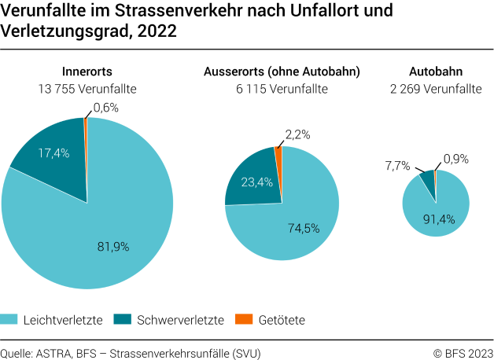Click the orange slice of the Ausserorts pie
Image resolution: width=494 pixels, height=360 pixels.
(x=278, y=157)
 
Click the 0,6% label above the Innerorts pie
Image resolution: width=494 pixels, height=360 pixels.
(x=106, y=107)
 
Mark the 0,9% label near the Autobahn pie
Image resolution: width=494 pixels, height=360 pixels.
(x=456, y=159)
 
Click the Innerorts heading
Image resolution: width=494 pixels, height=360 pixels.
(x=87, y=72)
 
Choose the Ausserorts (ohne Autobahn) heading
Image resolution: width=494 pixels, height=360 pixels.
(x=281, y=72)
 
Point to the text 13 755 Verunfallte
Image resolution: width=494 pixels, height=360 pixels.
(x=87, y=89)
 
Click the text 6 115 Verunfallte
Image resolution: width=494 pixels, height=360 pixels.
(x=281, y=89)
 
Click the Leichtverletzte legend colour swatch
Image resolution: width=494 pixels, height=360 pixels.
(x=9, y=319)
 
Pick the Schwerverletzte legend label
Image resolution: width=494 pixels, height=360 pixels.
(x=180, y=320)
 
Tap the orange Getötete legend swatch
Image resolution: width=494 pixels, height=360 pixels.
(x=244, y=319)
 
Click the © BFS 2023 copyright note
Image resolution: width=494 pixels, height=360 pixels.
(x=463, y=351)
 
